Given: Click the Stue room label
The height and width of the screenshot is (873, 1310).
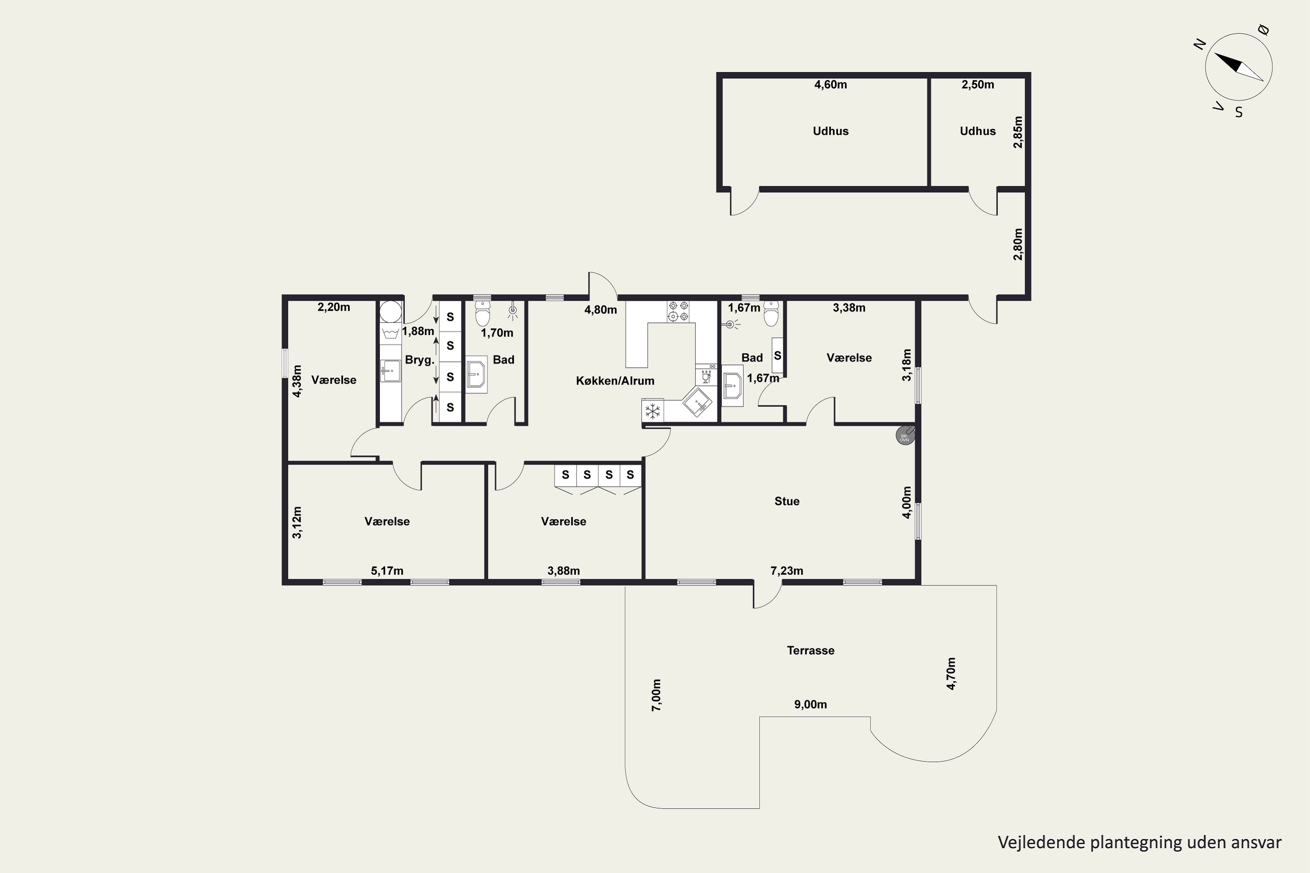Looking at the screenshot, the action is (x=786, y=501).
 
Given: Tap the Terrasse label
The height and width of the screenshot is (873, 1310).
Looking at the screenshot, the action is (x=810, y=650).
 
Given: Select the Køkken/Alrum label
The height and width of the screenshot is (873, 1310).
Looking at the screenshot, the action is (x=615, y=381).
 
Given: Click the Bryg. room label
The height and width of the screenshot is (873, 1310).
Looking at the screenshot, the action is (x=419, y=360).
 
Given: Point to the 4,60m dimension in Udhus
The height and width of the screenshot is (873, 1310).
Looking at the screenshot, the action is (x=831, y=85).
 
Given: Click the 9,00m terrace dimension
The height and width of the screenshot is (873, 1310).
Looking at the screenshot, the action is (x=810, y=705).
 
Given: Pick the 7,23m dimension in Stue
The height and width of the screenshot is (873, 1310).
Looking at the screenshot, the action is (x=786, y=571).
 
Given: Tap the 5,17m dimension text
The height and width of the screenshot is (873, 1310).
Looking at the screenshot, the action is (x=387, y=571).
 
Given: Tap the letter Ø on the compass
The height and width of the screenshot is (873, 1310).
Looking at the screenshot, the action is (x=1264, y=30).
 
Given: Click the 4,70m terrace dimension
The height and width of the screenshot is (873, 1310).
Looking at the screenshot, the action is (x=951, y=674).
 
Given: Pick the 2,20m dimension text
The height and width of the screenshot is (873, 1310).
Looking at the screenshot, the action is (x=334, y=307).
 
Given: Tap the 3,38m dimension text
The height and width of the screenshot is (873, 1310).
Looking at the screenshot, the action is (x=849, y=308).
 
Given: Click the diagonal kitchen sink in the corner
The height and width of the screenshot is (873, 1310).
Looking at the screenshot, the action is (x=697, y=401).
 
